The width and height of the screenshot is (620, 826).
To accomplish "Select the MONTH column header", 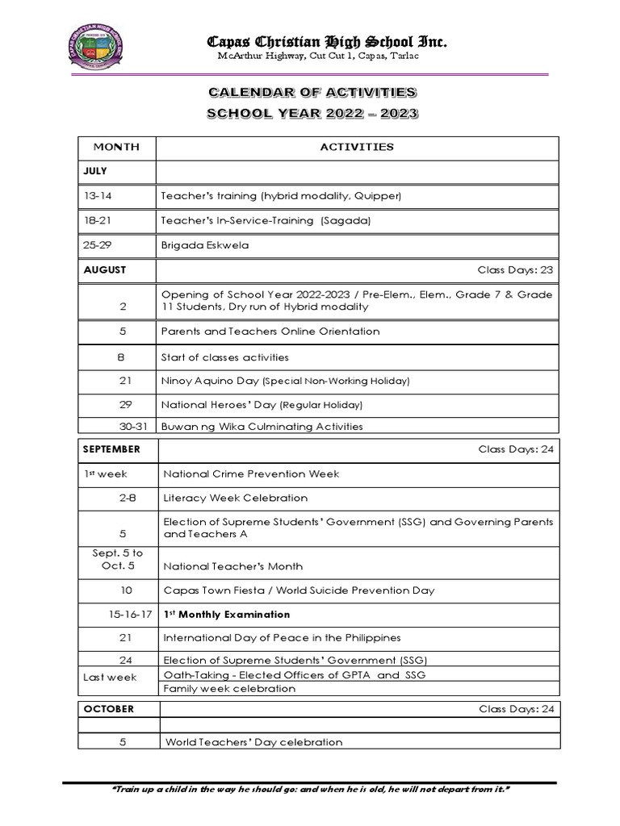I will point(116,147).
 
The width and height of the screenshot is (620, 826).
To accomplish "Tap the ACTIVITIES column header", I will point(357,147).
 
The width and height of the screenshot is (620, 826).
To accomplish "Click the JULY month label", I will point(95,171).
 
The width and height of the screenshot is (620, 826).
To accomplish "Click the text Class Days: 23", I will point(516,269).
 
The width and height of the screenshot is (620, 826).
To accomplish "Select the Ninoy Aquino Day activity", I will point(286,381).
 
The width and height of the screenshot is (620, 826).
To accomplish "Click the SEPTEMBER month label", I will point(111,448).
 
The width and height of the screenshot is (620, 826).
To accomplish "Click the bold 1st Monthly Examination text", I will point(227,615).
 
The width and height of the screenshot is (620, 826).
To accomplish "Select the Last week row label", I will point(110,678).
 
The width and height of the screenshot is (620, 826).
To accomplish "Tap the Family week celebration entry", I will point(229,689).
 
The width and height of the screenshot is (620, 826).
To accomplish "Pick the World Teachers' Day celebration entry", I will point(254,742).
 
